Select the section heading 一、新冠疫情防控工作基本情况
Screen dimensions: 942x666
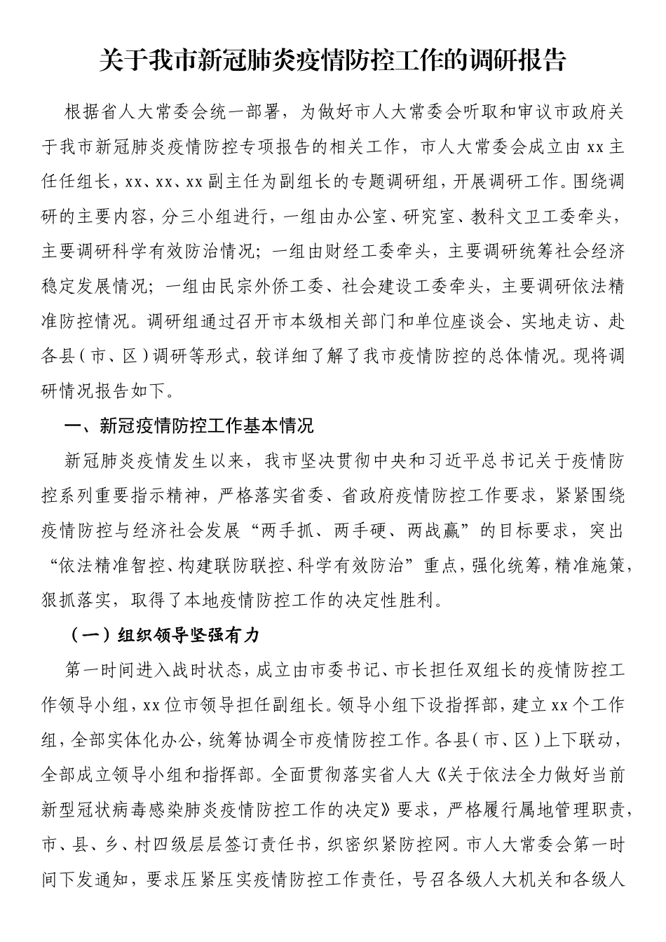tap(189, 425)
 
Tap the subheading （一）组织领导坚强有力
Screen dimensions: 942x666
tap(165, 635)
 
